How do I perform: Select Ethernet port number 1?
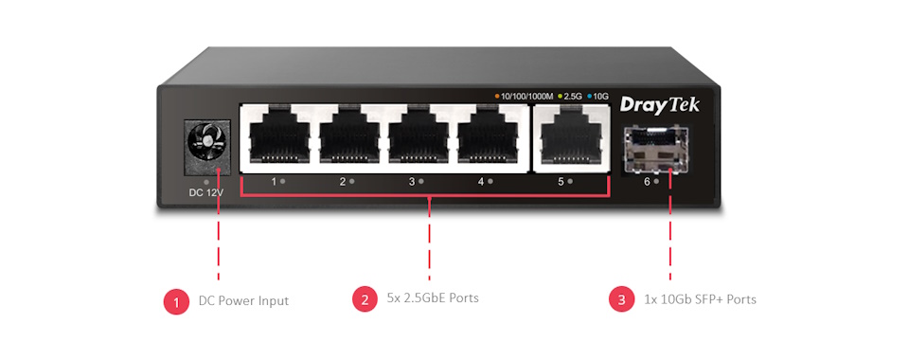coord(280,138)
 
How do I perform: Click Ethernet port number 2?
coord(349,138)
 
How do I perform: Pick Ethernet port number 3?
coord(419,138)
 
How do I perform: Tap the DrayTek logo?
coord(660,105)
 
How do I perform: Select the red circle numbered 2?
coord(365,300)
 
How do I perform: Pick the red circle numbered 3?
coord(621,300)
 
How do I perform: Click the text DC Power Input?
coord(243,301)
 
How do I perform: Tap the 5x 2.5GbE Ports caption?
coord(433,298)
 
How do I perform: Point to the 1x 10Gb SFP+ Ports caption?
coord(700,299)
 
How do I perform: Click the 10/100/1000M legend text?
coord(526,96)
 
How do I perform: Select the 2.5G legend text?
coord(573,96)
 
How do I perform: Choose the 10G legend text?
coord(600,96)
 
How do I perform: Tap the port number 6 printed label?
coord(647,180)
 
